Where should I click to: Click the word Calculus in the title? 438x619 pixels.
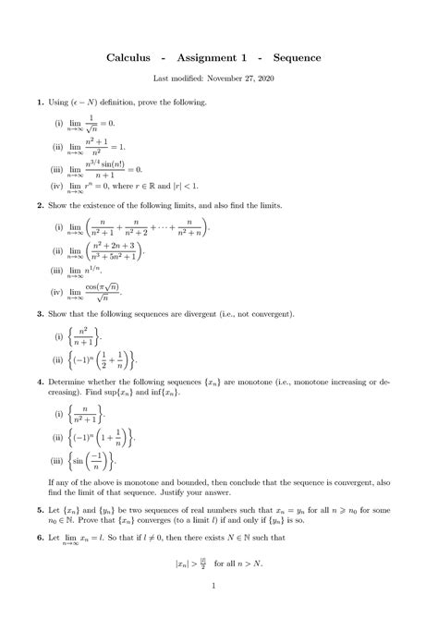pos(132,57)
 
